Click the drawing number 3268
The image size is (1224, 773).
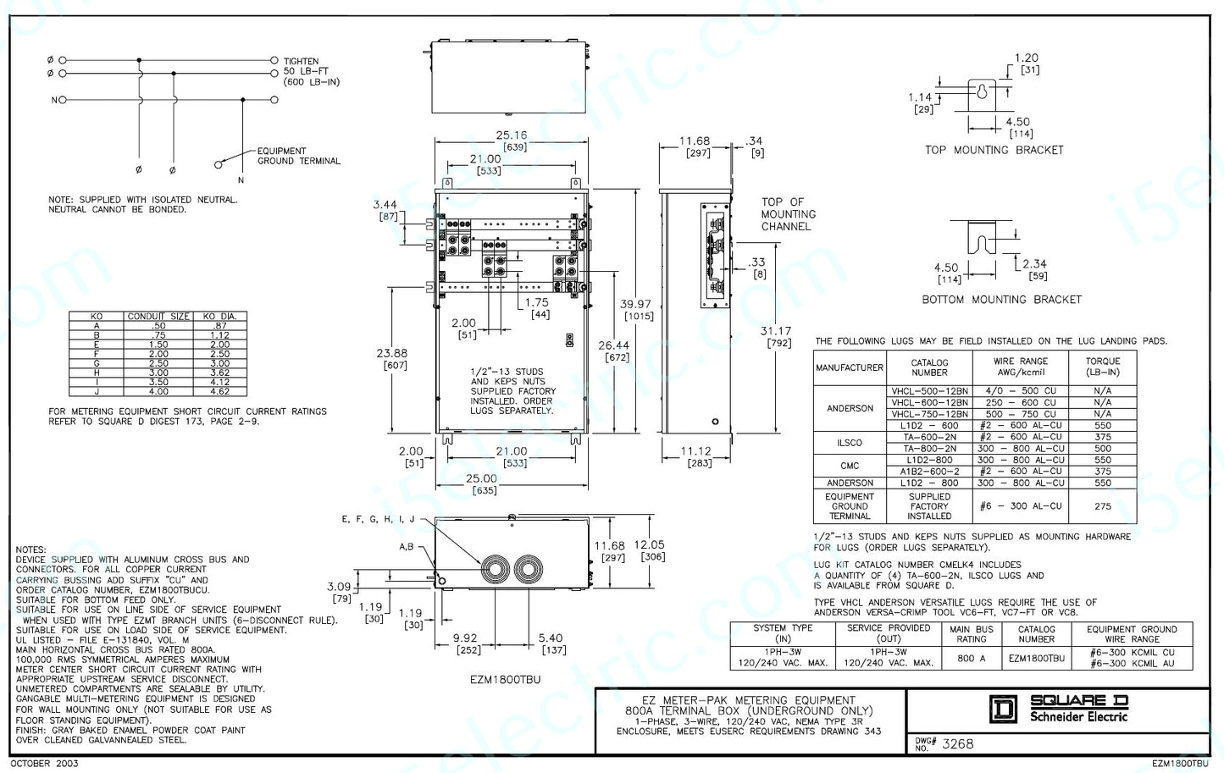tap(957, 743)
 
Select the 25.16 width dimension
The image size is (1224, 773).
tap(512, 135)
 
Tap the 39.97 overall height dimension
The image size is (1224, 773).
tap(637, 304)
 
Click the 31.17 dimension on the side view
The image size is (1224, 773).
tap(776, 331)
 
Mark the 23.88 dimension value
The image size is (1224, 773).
tap(391, 353)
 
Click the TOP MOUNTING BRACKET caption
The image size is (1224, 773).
tap(994, 150)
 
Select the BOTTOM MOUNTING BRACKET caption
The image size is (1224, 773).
tap(1001, 300)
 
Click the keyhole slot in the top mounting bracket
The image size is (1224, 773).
tap(982, 91)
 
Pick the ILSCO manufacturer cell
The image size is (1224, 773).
tap(850, 443)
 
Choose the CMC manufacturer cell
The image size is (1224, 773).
tap(850, 466)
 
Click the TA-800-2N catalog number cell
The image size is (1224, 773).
tap(929, 449)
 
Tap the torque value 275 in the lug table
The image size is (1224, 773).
tap(1102, 506)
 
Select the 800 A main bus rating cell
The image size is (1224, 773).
tap(971, 658)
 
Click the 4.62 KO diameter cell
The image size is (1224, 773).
tap(219, 391)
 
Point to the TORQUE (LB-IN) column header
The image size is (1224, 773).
tap(1102, 367)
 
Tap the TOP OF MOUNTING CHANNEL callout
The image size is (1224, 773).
tap(788, 214)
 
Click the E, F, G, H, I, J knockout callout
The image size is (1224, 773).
tap(379, 519)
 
